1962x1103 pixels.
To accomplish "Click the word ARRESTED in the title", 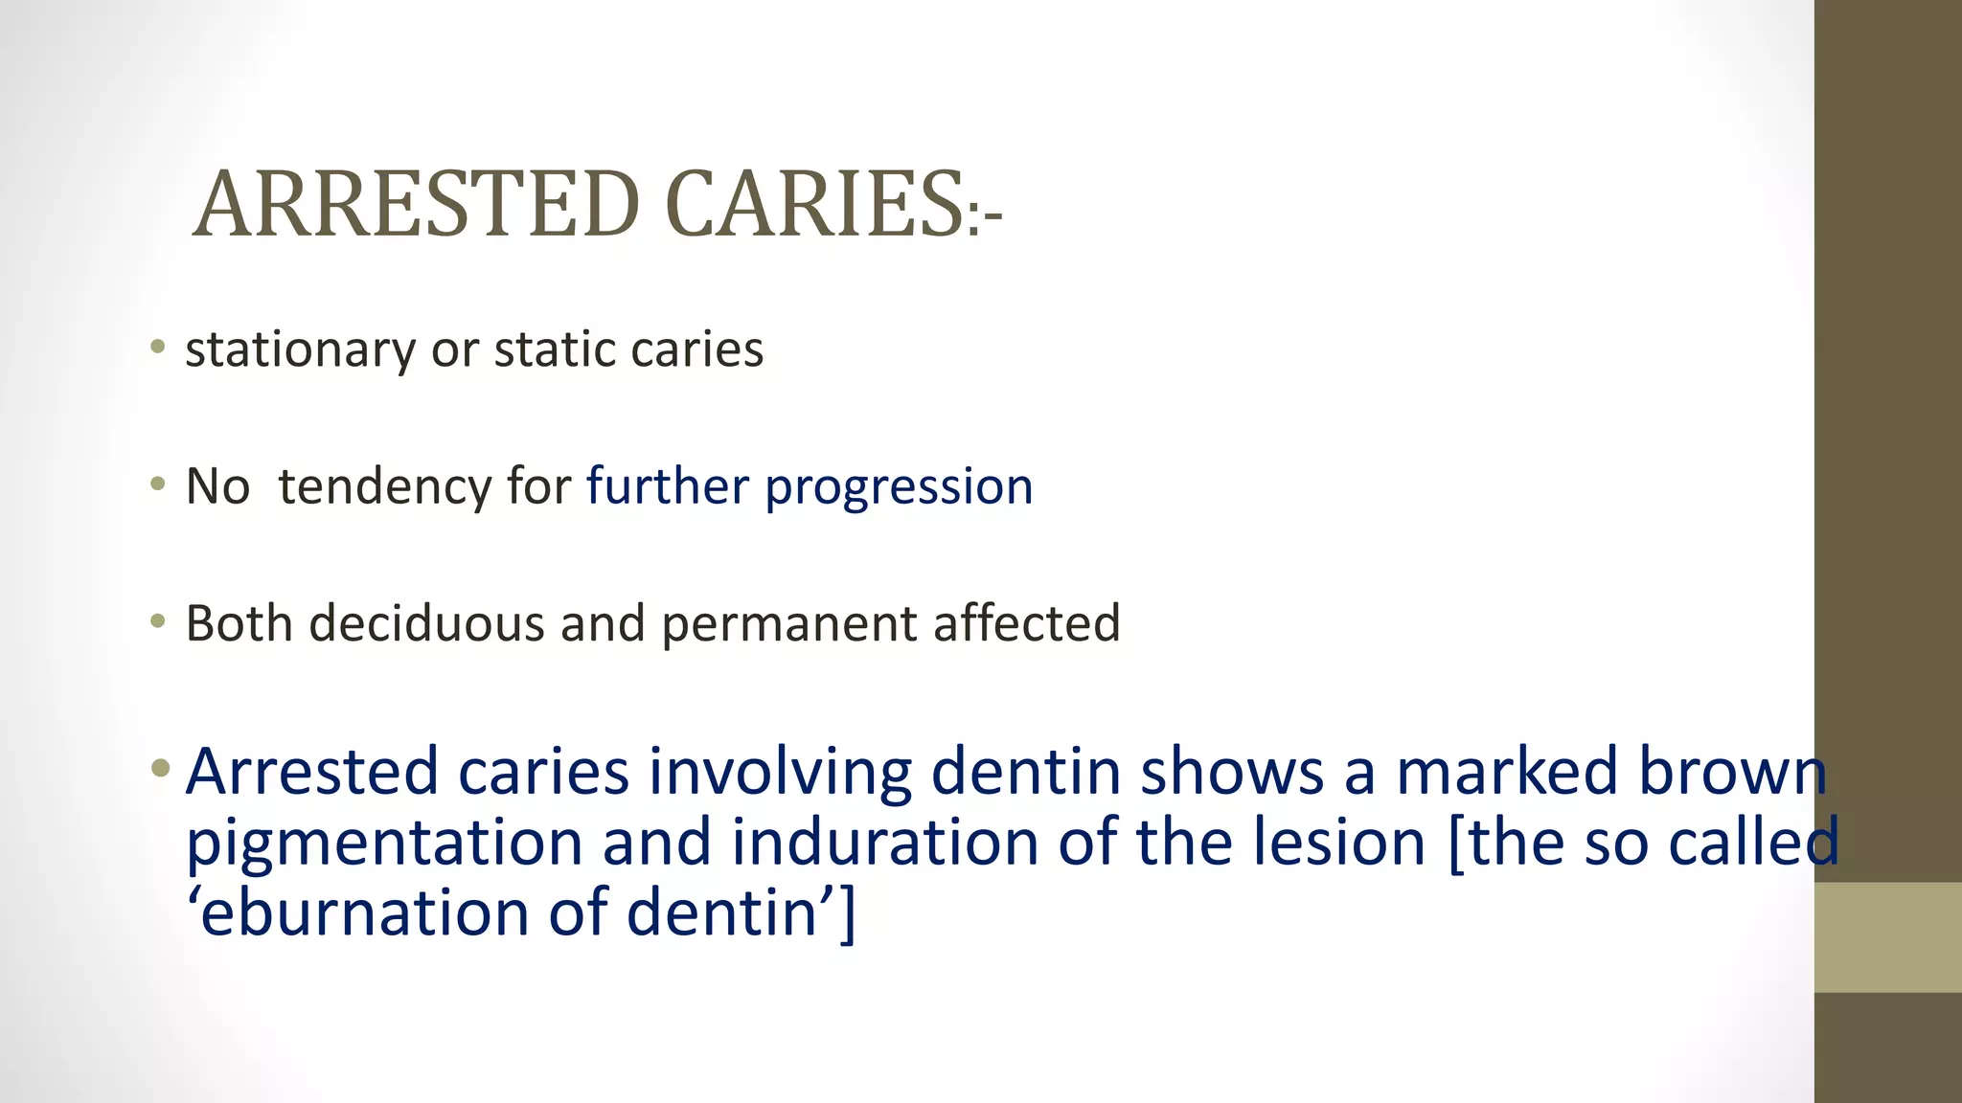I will pos(416,204).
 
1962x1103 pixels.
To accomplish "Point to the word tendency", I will pos(385,486).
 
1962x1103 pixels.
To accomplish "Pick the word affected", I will pos(1026,623).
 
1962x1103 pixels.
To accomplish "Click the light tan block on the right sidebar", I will pos(1887,937).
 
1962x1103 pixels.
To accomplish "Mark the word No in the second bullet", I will pos(217,486).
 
